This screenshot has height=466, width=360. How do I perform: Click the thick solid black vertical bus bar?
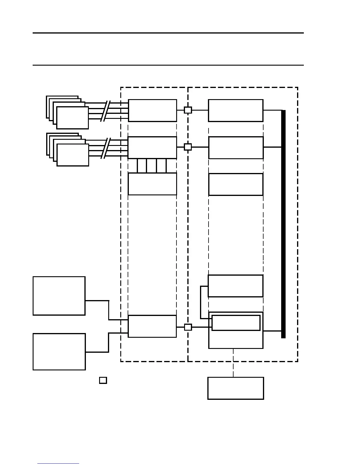click(284, 224)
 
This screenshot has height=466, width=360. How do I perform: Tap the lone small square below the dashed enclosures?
click(103, 380)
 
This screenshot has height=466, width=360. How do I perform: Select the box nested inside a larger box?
click(236, 323)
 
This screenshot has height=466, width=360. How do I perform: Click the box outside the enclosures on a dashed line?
click(236, 388)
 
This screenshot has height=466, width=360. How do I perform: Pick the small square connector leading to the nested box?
click(188, 327)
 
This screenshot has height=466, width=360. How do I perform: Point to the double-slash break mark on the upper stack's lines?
click(105, 111)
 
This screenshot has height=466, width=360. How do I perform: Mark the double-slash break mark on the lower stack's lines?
click(105, 148)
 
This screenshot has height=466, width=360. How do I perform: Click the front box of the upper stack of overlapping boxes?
click(72, 118)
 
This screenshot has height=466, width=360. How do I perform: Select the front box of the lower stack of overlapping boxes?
click(73, 155)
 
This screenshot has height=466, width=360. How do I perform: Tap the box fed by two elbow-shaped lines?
click(152, 326)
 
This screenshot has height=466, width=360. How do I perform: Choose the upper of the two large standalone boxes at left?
click(59, 296)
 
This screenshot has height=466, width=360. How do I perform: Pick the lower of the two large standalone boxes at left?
click(59, 352)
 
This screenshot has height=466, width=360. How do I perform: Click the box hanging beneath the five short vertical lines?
click(152, 184)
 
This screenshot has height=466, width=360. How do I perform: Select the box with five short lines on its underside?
click(152, 147)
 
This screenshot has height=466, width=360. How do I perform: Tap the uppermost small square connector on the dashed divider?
click(188, 110)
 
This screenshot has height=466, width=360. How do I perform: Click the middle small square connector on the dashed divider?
click(188, 147)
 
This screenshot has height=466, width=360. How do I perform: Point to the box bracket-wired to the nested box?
click(236, 286)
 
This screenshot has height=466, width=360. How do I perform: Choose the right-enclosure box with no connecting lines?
click(236, 184)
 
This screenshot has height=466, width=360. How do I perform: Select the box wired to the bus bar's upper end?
click(236, 110)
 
